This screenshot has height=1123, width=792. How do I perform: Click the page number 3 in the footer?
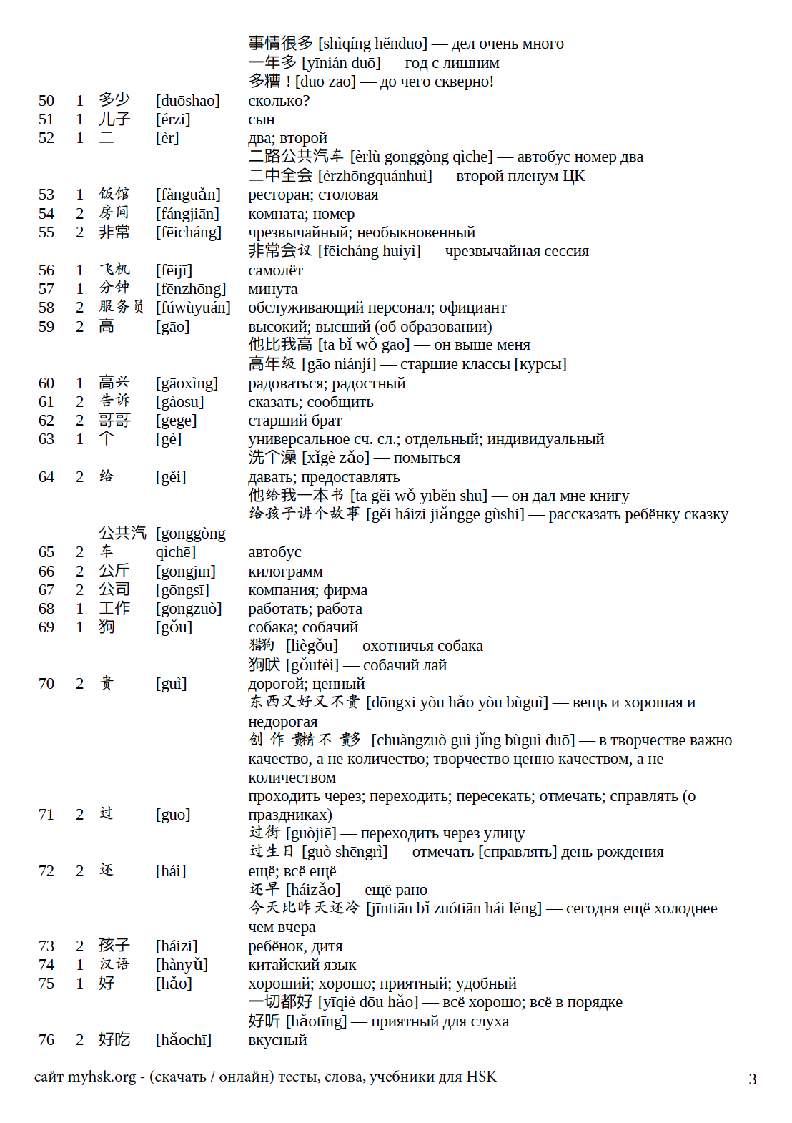pyautogui.click(x=752, y=1079)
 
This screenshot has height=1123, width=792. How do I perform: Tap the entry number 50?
pyautogui.click(x=46, y=101)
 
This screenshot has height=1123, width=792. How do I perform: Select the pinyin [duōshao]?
pyautogui.click(x=188, y=101)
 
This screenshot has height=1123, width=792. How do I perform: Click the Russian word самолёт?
pyautogui.click(x=275, y=270)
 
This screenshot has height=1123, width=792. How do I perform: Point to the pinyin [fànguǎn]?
pyautogui.click(x=188, y=195)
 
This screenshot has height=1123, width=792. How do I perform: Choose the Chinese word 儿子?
pyautogui.click(x=114, y=119)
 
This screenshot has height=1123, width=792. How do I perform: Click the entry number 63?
pyautogui.click(x=46, y=439)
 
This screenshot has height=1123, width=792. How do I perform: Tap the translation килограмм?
pyautogui.click(x=285, y=572)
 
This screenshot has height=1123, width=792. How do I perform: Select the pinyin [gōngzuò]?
pyautogui.click(x=189, y=609)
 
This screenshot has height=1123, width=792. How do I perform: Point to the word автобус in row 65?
pyautogui.click(x=274, y=552)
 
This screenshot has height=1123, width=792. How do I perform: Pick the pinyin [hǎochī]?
pyautogui.click(x=184, y=1040)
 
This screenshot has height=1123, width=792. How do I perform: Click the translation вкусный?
pyautogui.click(x=277, y=1040)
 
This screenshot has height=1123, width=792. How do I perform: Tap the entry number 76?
pyautogui.click(x=46, y=1040)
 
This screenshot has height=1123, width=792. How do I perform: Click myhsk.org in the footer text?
pyautogui.click(x=102, y=1077)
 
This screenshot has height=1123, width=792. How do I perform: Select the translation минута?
pyautogui.click(x=273, y=289)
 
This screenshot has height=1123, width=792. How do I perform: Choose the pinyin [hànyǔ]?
pyautogui.click(x=182, y=965)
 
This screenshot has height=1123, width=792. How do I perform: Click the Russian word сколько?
pyautogui.click(x=279, y=101)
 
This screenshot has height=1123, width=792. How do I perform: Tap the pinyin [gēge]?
pyautogui.click(x=176, y=421)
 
